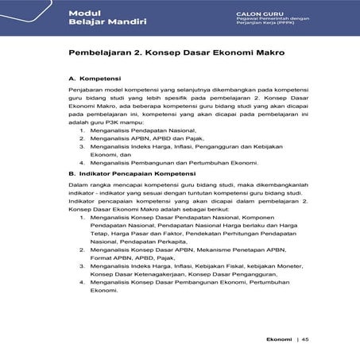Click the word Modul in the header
coord(83,14)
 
